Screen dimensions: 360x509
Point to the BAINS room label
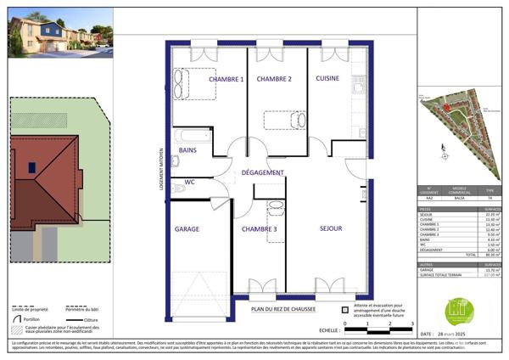187,151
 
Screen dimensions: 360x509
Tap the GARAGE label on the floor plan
187,230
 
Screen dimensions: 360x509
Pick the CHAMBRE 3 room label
258,230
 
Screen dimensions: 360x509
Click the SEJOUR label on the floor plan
330,229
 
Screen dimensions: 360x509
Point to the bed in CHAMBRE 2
282,120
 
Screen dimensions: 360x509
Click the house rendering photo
59,34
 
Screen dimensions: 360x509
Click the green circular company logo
459,311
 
